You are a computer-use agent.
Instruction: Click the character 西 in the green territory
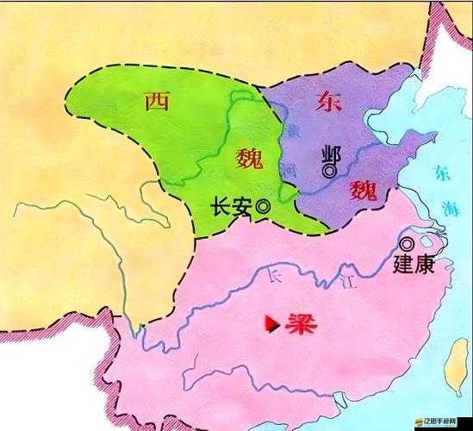click(x=156, y=102)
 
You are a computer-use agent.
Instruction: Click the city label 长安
click(x=232, y=207)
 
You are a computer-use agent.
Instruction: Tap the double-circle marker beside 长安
click(x=263, y=207)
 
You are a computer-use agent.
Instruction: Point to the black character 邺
click(x=328, y=153)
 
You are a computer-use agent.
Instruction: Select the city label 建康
click(x=412, y=263)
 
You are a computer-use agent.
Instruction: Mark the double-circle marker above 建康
click(x=406, y=244)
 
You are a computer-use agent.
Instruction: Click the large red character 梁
click(x=297, y=325)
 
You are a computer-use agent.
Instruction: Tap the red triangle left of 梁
click(x=271, y=325)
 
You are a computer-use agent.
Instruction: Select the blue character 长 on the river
click(x=275, y=277)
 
